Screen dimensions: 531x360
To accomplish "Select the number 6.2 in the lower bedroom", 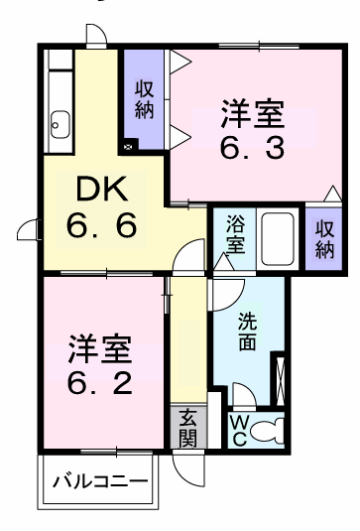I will [98, 384].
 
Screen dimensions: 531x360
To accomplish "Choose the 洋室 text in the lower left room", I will [99, 349].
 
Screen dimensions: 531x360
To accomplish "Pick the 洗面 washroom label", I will [248, 331].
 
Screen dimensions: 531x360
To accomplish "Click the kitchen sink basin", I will [59, 124].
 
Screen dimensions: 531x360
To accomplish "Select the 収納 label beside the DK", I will [146, 98].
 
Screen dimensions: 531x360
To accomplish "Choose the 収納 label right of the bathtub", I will [323, 237].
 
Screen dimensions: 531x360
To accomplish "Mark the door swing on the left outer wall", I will [31, 231].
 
